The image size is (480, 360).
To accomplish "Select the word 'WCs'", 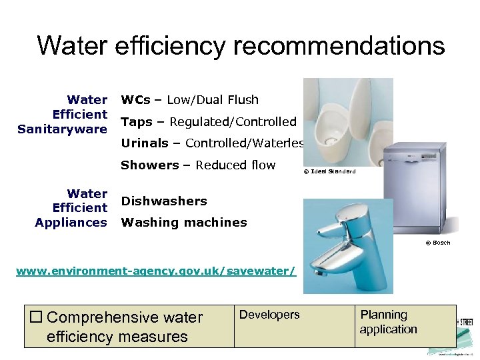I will pyautogui.click(x=135, y=100).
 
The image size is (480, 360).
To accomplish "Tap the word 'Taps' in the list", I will pyautogui.click(x=137, y=122).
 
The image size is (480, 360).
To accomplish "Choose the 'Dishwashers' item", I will pyautogui.click(x=164, y=201).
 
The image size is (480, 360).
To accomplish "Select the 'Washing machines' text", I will pyautogui.click(x=184, y=223).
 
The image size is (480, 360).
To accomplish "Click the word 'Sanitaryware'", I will pyautogui.click(x=63, y=129).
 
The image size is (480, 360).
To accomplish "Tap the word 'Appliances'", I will pyautogui.click(x=71, y=222).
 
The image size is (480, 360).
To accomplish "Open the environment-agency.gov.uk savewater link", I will pyautogui.click(x=155, y=272).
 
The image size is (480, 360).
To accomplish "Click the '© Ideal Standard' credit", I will pyautogui.click(x=329, y=172).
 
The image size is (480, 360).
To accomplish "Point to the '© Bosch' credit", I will pyautogui.click(x=437, y=243).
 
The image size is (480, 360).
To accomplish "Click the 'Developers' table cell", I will pyautogui.click(x=269, y=315).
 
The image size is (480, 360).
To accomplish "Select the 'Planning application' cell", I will pyautogui.click(x=388, y=322).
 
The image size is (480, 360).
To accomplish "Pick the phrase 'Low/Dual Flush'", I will pyautogui.click(x=213, y=100).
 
